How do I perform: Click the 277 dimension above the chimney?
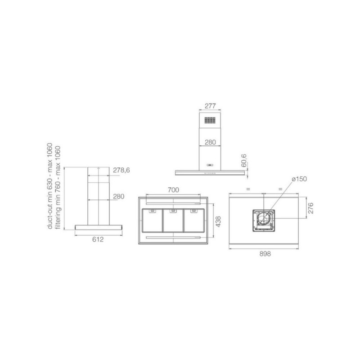click(210, 106)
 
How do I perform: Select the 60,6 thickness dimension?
click(244, 161)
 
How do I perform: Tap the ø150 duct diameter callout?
click(299, 179)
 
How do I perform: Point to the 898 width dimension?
click(265, 254)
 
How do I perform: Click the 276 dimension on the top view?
click(310, 208)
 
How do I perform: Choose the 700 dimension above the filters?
click(173, 190)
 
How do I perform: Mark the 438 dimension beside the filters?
click(218, 221)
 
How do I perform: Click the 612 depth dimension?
click(98, 239)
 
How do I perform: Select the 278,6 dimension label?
click(121, 170)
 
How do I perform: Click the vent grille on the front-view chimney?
click(210, 120)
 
